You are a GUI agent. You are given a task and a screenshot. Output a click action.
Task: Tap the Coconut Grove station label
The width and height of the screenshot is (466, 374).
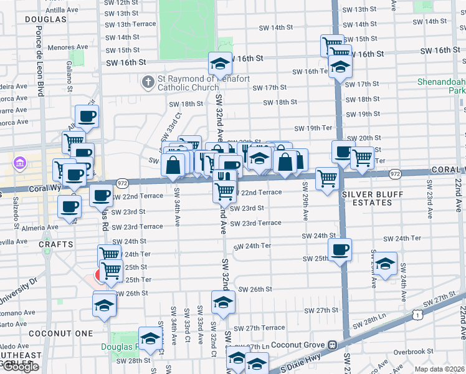point(298,345)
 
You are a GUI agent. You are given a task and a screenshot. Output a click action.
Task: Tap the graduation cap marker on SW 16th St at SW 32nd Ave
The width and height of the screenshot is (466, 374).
point(220,63)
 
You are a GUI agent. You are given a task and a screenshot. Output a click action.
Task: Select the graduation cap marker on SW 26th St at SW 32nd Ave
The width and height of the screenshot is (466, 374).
point(223,302)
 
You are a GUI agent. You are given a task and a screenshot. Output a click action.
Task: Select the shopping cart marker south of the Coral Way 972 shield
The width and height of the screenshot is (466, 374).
point(326,179)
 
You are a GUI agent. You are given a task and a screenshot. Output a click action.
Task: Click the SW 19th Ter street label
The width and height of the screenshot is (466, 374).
point(314,128)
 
